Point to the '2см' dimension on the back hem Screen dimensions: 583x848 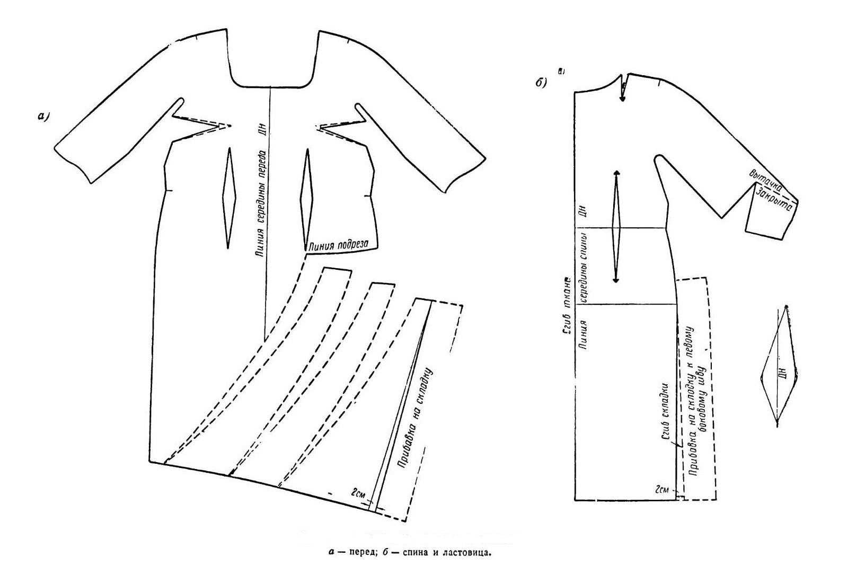[x=662, y=489]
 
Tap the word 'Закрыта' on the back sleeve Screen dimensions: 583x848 [x=774, y=199]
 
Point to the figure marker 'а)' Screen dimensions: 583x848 [x=43, y=117]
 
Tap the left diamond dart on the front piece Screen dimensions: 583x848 [x=229, y=197]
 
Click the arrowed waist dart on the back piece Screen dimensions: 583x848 [x=616, y=227]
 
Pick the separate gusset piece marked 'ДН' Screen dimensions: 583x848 [x=780, y=366]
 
